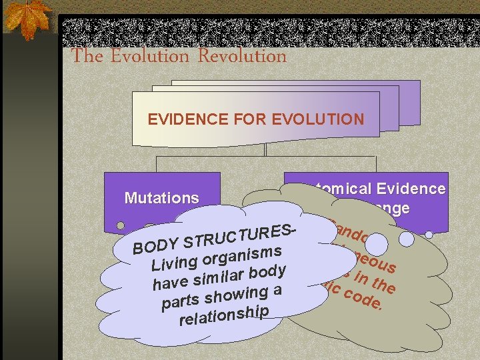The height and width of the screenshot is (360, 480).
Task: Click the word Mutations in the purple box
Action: (161, 198)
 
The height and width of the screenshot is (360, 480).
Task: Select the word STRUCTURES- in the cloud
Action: (239, 234)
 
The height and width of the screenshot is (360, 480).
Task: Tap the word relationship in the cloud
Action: (224, 315)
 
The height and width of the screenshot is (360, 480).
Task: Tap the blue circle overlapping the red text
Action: (377, 243)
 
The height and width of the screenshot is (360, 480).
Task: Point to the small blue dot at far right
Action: (431, 235)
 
